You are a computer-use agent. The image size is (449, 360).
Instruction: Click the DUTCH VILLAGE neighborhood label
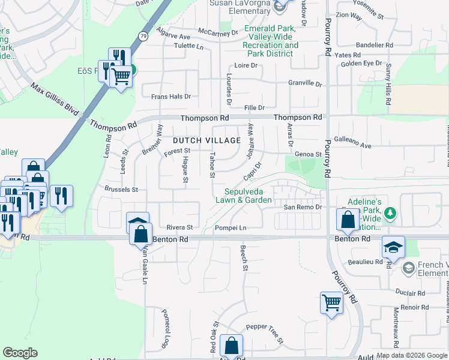click(x=206, y=140)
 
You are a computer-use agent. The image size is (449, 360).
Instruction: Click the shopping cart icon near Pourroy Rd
click(x=331, y=303)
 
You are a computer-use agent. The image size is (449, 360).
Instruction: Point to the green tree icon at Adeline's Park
click(x=390, y=213)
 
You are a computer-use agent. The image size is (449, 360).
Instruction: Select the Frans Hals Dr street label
click(x=171, y=96)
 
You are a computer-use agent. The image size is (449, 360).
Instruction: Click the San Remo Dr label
click(x=303, y=207)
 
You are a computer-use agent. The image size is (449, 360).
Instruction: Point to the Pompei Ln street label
click(x=231, y=228)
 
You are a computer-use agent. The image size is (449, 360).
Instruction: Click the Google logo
click(x=20, y=353)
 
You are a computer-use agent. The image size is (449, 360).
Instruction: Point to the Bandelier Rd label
click(x=374, y=45)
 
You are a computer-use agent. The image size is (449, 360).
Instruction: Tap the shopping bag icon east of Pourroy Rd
click(x=348, y=220)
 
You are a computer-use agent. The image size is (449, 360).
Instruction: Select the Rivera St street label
click(x=179, y=227)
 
